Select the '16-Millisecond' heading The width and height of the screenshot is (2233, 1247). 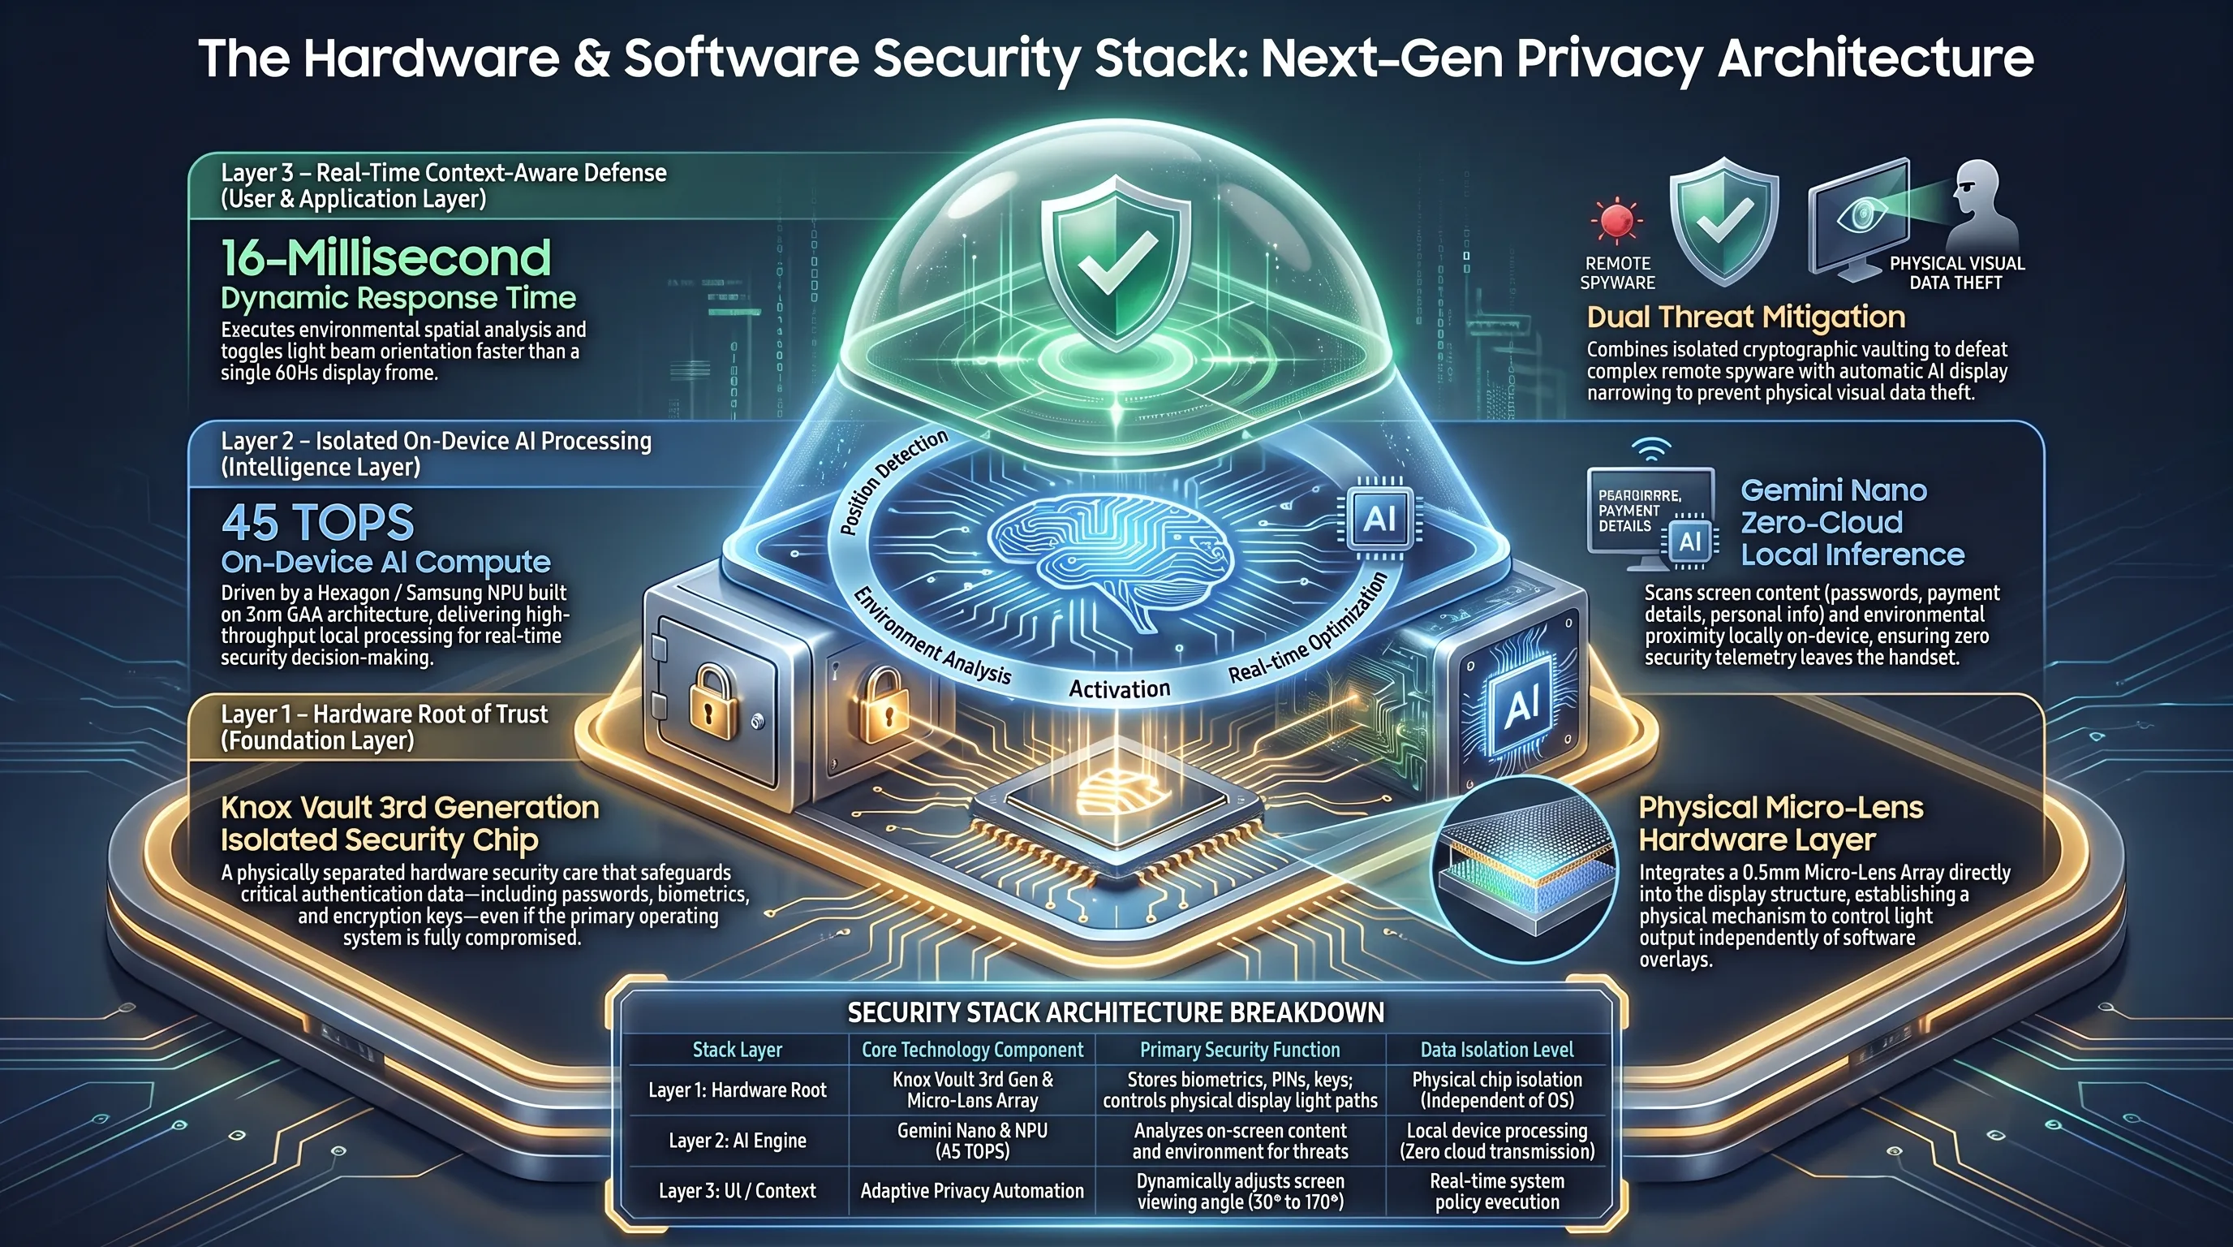[x=385, y=257]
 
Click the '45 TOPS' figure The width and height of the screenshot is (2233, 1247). [x=317, y=522]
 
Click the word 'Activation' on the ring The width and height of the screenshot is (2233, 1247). [x=1119, y=689]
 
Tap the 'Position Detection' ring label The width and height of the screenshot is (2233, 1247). [x=893, y=481]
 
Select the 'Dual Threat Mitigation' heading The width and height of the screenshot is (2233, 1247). [x=1746, y=317]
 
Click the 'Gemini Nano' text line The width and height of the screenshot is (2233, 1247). [x=1834, y=491]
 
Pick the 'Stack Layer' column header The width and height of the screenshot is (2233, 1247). [x=737, y=1051]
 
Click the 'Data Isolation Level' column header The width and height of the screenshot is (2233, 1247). [x=1496, y=1051]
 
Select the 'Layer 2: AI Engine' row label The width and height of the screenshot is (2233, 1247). [x=737, y=1141]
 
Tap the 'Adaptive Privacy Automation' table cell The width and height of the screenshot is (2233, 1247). [x=972, y=1191]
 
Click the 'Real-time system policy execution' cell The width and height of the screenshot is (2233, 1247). [x=1497, y=1191]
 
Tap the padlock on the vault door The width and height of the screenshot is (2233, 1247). [x=713, y=702]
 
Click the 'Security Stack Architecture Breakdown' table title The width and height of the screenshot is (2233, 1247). [x=1116, y=1012]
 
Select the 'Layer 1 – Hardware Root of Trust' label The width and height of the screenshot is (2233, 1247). [x=384, y=714]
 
